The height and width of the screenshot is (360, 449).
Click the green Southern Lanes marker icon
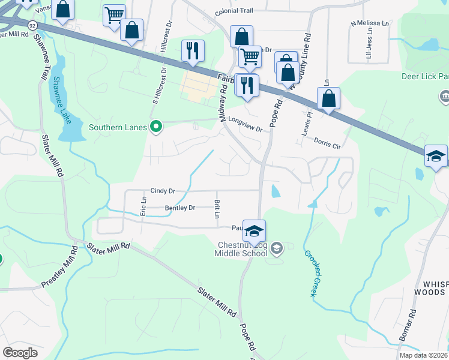point(156,127)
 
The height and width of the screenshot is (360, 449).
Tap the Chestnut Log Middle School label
point(241,248)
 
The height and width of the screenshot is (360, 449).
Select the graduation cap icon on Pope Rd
point(255,231)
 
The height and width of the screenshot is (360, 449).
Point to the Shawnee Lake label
point(61,100)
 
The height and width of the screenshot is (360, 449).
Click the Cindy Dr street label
point(163,191)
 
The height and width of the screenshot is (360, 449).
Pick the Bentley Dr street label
point(180,208)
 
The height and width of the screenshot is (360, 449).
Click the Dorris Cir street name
point(327,143)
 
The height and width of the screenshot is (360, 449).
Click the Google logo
point(20,352)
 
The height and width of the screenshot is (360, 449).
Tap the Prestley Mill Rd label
point(60,266)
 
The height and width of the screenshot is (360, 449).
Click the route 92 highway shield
point(31,24)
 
